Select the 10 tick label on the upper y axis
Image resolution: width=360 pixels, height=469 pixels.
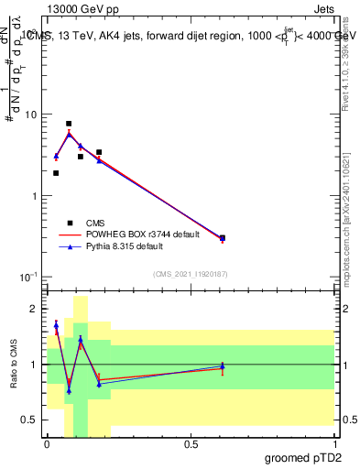31,115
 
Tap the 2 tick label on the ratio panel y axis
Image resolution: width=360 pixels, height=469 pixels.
35,309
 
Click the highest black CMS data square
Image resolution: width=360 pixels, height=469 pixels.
69,124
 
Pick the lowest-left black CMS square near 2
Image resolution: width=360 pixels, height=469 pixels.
56,173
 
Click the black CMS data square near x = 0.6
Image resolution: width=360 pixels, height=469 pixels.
223,237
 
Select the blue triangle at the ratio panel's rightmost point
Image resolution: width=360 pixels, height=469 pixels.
223,366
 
